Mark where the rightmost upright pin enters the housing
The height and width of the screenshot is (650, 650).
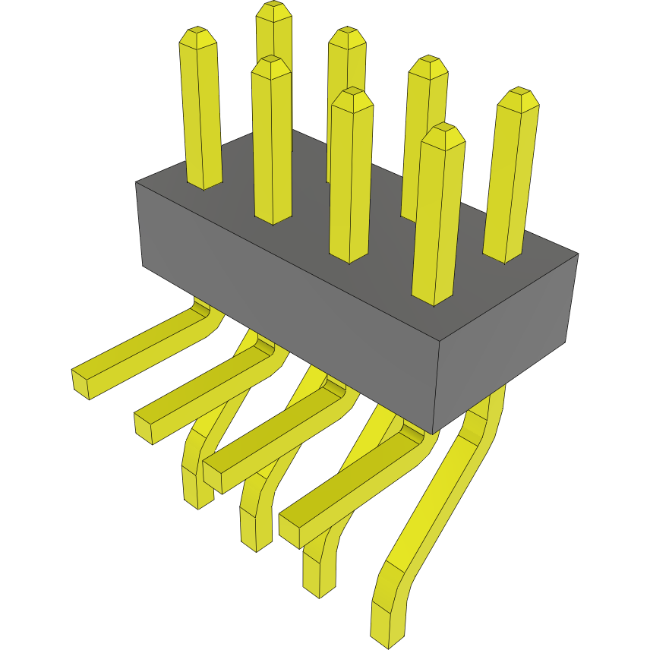pos(503,256)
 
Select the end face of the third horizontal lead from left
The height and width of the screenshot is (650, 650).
pos(212,476)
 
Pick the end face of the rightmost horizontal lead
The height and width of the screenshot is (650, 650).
pos(290,529)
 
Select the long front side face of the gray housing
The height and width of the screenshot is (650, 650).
pos(289,304)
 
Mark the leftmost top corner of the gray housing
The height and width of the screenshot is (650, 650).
pos(136,183)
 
